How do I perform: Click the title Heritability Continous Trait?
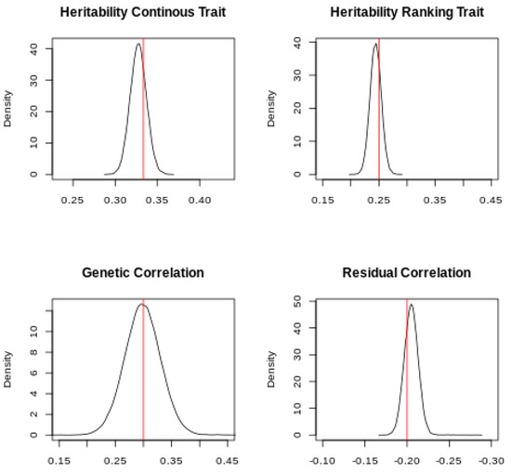(143, 12)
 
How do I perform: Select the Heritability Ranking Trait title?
(407, 12)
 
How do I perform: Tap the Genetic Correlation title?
(143, 272)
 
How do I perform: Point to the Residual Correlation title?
(407, 272)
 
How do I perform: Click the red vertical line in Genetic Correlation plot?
(143, 369)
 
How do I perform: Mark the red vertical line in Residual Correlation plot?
(407, 369)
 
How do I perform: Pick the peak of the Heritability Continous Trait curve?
(138, 44)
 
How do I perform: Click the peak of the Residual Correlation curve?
(412, 305)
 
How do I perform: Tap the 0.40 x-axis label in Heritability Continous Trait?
(200, 200)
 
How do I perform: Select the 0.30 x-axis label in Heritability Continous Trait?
(115, 200)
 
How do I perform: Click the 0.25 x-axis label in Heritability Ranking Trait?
(379, 200)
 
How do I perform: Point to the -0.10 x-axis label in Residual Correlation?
(322, 461)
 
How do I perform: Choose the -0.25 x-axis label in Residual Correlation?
(449, 461)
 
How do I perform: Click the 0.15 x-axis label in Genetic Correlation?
(59, 461)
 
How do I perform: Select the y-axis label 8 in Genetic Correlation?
(33, 352)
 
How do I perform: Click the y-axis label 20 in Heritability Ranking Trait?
(297, 108)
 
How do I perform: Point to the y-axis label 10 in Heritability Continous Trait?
(33, 143)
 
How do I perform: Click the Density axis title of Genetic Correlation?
(7, 369)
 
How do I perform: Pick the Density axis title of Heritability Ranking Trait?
(271, 109)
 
